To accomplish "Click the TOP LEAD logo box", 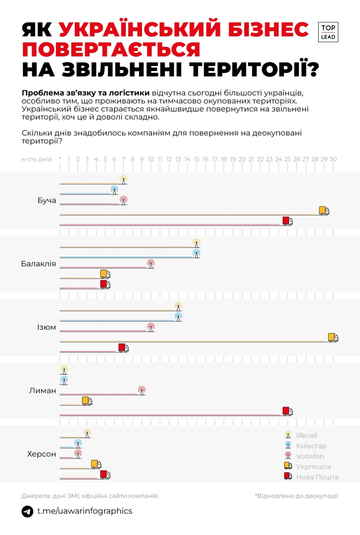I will click(328, 32).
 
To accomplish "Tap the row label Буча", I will click(46, 201).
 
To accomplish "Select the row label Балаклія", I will click(38, 264).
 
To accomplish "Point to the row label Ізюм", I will click(46, 327).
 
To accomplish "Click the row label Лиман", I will click(43, 391).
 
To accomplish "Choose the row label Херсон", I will click(41, 454).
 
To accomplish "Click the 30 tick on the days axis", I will click(333, 159).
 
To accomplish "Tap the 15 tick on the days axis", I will click(196, 159).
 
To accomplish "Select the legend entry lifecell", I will click(307, 436).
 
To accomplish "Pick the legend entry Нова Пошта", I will click(317, 477).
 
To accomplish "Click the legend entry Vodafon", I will click(310, 456).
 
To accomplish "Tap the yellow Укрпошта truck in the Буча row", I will click(324, 211).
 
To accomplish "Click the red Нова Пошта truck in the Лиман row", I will click(287, 411).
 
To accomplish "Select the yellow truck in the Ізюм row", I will click(333, 337).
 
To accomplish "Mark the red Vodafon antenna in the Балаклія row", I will click(151, 264).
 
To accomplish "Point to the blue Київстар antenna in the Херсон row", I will click(78, 444).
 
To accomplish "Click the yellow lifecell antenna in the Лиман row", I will click(64, 370).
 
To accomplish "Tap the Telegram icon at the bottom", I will click(28, 511).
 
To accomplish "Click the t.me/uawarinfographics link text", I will click(85, 511).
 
